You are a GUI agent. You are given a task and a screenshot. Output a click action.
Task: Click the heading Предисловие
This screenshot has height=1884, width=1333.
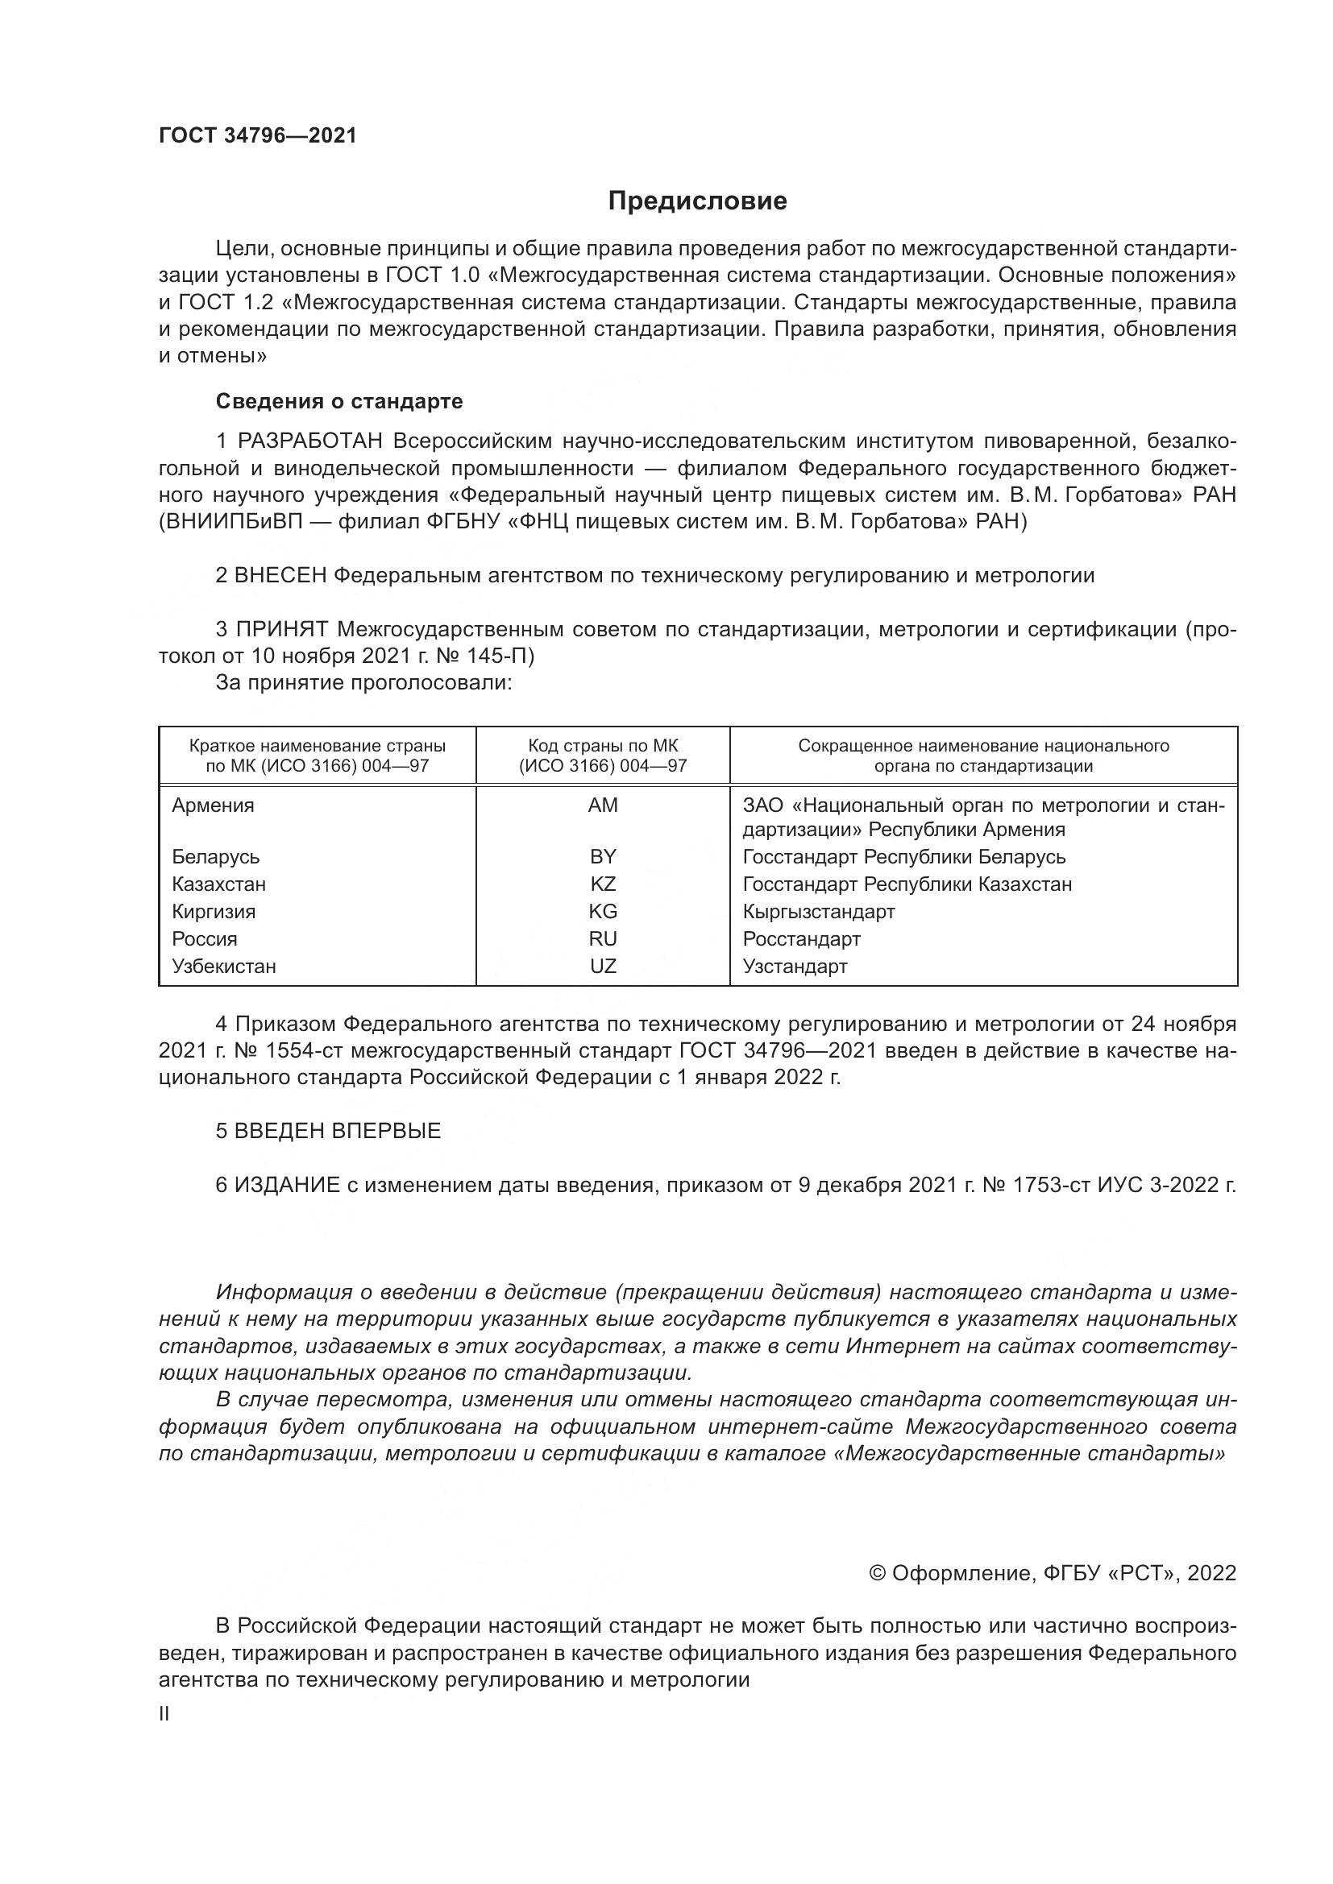[697, 201]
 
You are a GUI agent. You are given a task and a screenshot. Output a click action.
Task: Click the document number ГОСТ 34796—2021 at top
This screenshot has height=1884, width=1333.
[258, 136]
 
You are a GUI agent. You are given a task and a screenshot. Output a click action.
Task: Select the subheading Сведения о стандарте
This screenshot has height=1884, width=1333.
[339, 401]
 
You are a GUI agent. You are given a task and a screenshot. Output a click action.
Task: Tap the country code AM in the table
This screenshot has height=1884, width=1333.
[603, 805]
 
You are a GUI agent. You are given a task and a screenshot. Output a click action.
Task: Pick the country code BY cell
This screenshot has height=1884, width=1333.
[603, 857]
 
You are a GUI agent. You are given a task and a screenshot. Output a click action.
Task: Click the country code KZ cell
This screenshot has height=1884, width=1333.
[603, 884]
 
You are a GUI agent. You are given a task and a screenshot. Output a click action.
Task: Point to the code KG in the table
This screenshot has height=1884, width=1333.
[603, 911]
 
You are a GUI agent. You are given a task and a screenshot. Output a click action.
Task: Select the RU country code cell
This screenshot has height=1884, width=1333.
[603, 938]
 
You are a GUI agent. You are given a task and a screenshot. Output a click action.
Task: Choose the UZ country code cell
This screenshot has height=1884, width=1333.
[603, 966]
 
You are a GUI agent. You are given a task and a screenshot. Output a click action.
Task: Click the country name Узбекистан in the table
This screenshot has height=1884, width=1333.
[224, 966]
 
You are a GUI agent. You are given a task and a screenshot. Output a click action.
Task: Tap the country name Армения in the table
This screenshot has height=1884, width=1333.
[214, 805]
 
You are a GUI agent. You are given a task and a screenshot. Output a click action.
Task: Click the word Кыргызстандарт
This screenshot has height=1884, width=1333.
[818, 911]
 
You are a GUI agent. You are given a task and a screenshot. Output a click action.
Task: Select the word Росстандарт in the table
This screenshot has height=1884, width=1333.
[801, 938]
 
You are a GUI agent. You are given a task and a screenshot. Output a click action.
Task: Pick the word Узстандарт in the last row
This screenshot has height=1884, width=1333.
[795, 966]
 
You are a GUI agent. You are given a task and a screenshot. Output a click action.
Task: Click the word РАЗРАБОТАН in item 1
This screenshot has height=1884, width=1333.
[310, 441]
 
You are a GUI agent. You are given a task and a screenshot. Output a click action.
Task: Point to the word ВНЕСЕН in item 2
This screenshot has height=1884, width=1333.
[280, 575]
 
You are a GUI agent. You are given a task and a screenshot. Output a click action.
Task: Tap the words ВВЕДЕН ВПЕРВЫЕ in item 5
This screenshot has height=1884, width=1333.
[338, 1131]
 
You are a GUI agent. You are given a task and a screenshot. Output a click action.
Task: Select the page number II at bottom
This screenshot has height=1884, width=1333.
[164, 1714]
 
